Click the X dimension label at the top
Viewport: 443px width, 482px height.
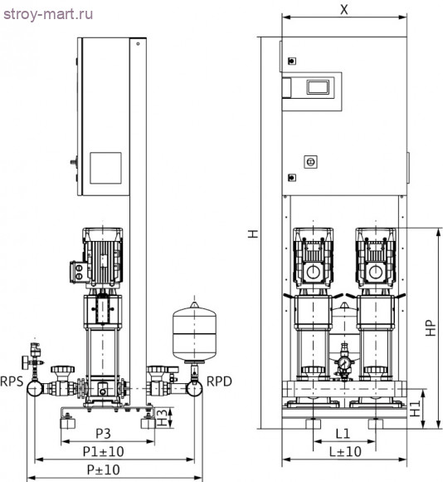[343, 9]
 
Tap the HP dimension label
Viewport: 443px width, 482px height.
[431, 327]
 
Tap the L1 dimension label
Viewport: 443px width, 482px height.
[342, 435]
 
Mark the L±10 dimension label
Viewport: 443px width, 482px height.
[342, 453]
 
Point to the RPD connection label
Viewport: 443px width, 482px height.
[219, 384]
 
